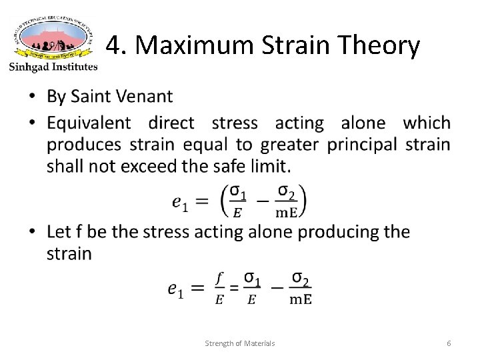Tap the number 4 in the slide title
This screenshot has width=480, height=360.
[114, 45]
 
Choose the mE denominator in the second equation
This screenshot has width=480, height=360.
[299, 299]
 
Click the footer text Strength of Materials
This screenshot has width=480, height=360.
[240, 343]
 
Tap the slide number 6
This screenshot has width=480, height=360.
[449, 343]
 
